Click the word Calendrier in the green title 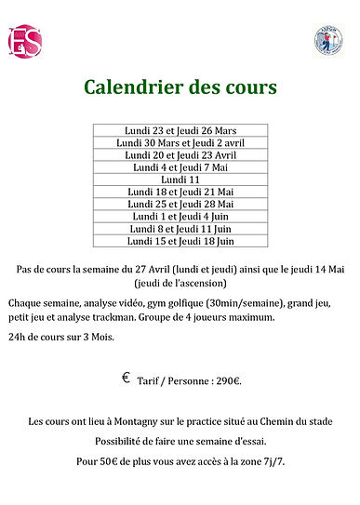[x=131, y=88]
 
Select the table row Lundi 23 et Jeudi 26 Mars [x=180, y=131]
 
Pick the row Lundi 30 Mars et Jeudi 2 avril [x=180, y=143]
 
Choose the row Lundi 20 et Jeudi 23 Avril [x=180, y=155]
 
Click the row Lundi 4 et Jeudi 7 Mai [x=180, y=167]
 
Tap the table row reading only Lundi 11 [x=180, y=179]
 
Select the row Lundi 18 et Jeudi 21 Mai [x=180, y=192]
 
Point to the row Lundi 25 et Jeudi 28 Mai [x=180, y=204]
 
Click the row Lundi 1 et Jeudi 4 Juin [x=180, y=216]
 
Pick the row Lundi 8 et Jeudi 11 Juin [x=180, y=228]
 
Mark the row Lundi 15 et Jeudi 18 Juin [x=180, y=240]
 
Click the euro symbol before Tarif [x=126, y=379]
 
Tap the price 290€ [x=226, y=380]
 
